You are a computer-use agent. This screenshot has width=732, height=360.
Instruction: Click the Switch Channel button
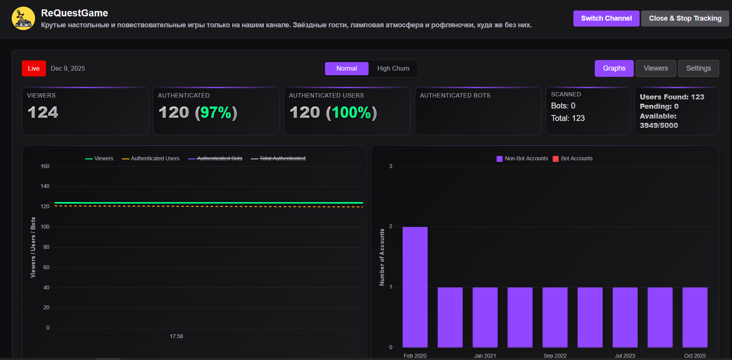pos(606,18)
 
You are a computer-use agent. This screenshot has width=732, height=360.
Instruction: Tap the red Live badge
pos(34,68)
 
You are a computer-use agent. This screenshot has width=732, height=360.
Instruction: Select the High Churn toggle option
pos(393,68)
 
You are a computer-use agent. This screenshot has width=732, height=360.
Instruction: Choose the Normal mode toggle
pos(347,68)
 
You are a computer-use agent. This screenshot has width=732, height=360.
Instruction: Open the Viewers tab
pos(656,68)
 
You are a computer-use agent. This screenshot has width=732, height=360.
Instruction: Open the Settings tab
pos(698,68)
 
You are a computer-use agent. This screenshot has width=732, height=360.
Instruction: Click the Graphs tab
pos(614,68)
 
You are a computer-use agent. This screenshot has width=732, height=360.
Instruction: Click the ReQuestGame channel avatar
pos(23,18)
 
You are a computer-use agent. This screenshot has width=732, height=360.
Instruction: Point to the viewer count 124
pos(43,113)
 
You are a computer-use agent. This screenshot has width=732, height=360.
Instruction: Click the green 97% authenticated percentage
pos(216,113)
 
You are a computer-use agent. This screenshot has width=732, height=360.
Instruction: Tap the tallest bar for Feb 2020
pos(415,287)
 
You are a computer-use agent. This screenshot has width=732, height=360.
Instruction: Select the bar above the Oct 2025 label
pos(695,317)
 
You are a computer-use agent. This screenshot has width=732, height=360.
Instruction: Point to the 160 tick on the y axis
pos(45,166)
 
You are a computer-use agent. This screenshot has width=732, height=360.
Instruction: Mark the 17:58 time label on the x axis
pos(176,336)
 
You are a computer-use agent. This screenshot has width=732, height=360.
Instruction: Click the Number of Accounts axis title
pos(382,257)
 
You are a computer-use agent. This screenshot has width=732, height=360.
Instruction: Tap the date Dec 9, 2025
pos(68,68)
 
